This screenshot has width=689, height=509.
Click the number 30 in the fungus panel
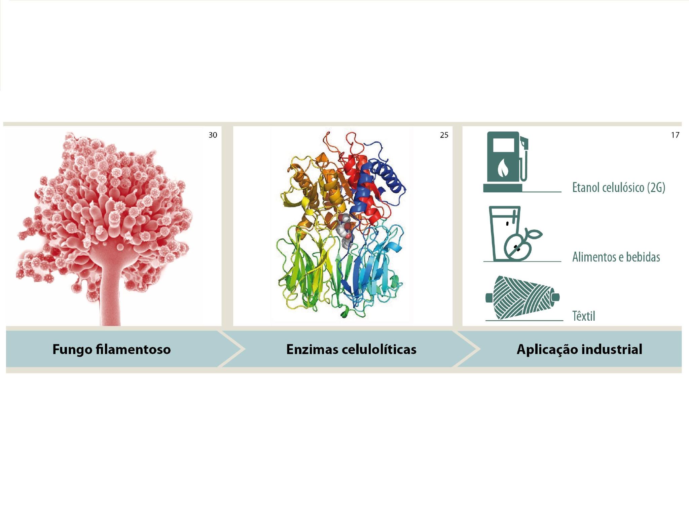[x=213, y=135]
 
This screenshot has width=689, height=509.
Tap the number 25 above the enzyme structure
[x=444, y=135]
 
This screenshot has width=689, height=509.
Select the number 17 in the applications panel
[x=675, y=135]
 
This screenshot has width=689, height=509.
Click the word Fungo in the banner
[x=72, y=349]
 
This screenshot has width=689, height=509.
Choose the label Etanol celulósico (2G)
[x=619, y=187]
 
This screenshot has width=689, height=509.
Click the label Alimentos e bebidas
[x=616, y=257]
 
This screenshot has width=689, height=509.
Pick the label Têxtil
[x=584, y=316]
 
